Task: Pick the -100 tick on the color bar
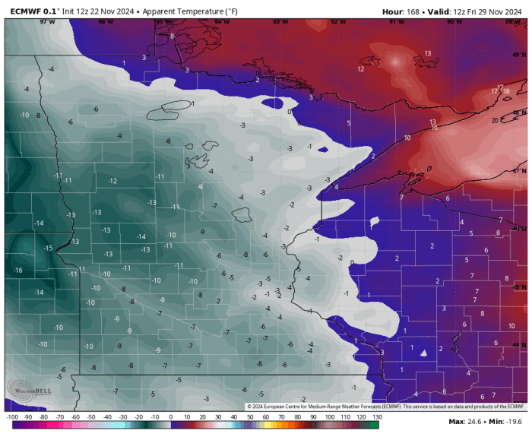coord(11,416)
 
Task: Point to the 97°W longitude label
coord(48,22)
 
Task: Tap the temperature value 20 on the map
coord(495,120)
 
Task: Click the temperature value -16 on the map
coord(17,271)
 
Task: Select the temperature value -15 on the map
coord(48,249)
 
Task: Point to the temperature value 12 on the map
coord(360,69)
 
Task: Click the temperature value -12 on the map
coord(112,181)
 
